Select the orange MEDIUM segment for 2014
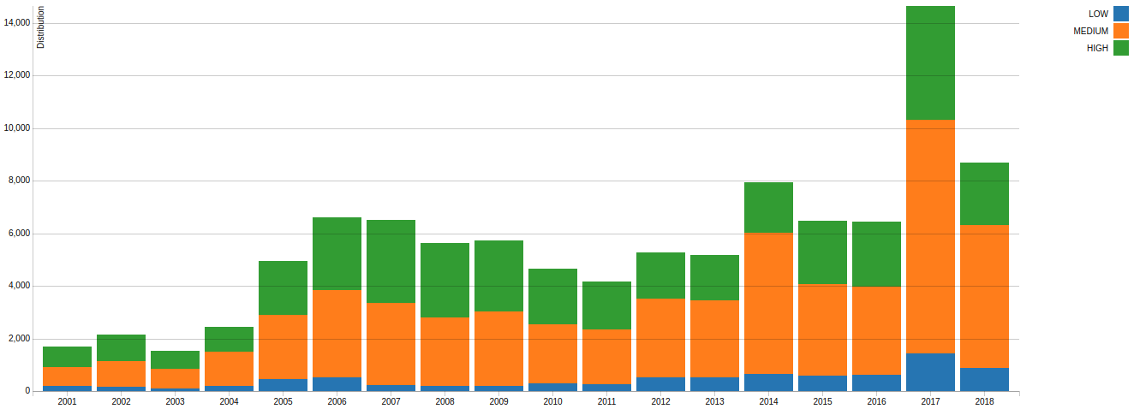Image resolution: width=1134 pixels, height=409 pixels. tap(768, 303)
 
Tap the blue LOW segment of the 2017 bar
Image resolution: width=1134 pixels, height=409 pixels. tap(930, 372)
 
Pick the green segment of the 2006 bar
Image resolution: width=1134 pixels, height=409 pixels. tap(337, 253)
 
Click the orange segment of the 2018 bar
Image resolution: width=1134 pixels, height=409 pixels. tap(984, 296)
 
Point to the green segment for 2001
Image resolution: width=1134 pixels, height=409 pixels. tap(67, 357)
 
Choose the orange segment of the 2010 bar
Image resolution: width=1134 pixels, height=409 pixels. tap(552, 353)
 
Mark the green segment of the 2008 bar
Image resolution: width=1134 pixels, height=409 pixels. tap(445, 280)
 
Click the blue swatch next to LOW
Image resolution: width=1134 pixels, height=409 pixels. tap(1121, 14)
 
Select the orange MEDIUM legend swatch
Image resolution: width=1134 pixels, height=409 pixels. tap(1121, 31)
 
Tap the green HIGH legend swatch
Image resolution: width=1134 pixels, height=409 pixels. tap(1121, 48)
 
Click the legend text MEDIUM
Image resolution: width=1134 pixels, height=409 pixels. tap(1090, 31)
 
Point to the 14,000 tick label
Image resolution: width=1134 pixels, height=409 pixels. tap(17, 23)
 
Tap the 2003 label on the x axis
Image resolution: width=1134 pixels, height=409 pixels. tap(175, 401)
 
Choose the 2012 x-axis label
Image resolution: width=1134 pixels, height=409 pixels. tap(660, 401)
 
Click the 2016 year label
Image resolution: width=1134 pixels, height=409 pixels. tap(876, 401)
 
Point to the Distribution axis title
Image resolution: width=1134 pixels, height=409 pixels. tap(40, 27)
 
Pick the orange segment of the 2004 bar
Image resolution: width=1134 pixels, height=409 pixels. tap(229, 369)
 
